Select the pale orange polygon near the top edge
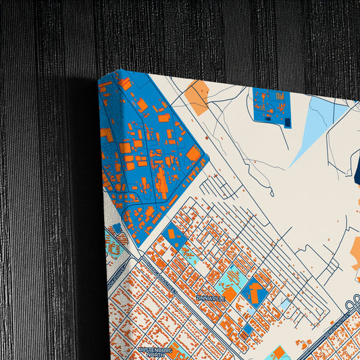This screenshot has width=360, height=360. [197, 98]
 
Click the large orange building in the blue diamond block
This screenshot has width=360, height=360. [256, 292]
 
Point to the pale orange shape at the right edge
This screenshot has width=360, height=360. [354, 253]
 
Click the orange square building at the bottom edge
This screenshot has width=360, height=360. [278, 353]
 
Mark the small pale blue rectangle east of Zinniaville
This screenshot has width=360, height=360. [286, 304]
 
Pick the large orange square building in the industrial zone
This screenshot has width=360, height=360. [193, 154]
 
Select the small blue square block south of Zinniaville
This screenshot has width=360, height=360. [247, 329]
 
